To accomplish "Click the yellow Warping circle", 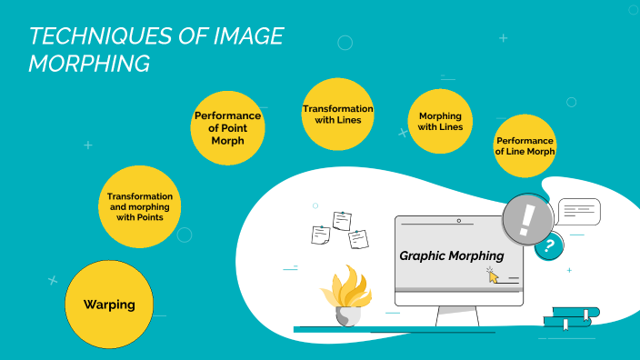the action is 108,305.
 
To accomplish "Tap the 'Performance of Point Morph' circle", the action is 227,127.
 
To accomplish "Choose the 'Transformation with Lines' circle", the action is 338,115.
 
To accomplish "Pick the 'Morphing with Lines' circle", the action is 441,122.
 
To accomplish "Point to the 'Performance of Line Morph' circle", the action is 525,145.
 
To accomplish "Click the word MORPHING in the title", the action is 89,63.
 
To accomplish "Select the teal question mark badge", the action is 547,245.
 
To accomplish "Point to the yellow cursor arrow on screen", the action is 494,275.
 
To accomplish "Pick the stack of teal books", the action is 571,316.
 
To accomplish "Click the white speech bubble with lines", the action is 579,212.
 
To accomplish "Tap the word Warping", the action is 108,305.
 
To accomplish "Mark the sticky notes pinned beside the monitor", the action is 340,230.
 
